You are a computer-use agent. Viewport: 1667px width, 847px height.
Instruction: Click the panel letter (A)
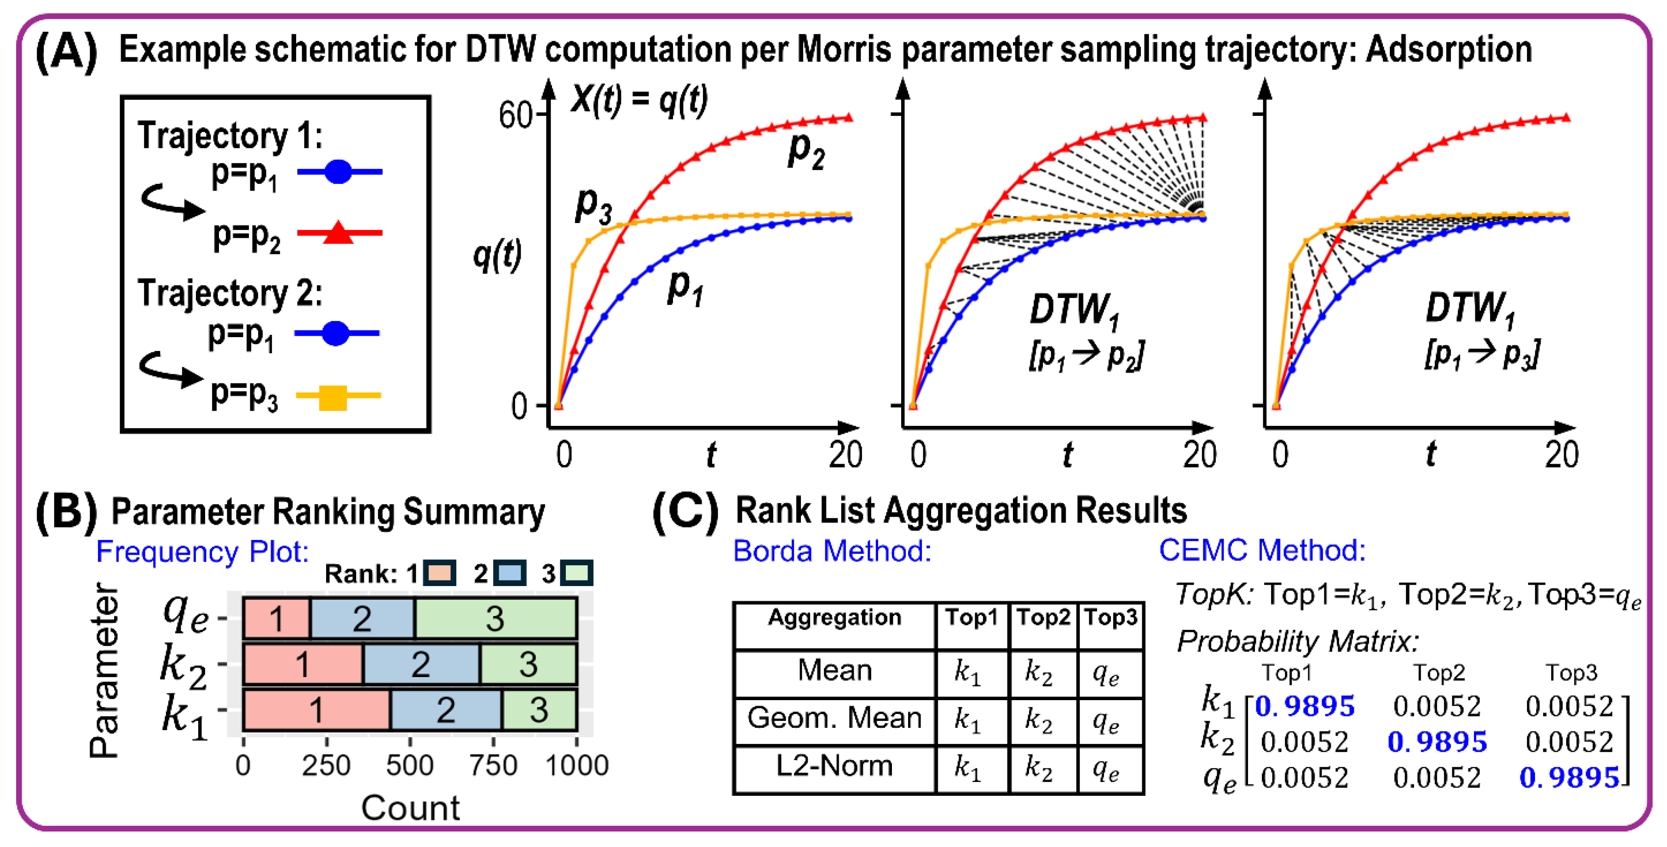coord(66,52)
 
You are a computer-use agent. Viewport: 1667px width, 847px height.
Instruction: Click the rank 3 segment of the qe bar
coord(495,618)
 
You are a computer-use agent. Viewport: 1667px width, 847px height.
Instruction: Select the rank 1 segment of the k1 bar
coord(316,710)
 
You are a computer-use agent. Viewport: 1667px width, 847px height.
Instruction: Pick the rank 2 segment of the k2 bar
coord(421,664)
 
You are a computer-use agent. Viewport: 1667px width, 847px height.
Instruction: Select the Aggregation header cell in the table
coord(834,618)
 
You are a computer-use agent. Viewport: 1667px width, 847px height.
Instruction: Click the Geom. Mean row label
coord(834,718)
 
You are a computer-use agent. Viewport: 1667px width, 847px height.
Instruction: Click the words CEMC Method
coord(1262,551)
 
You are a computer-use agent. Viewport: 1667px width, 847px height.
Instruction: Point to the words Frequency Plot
coord(202,552)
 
